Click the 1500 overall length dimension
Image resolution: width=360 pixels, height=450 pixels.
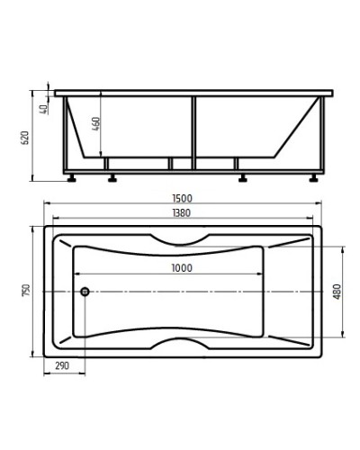[180, 199]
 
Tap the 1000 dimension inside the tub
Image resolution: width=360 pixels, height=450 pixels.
[180, 268]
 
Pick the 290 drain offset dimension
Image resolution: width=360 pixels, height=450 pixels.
[62, 366]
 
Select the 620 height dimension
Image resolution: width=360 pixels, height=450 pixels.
[27, 137]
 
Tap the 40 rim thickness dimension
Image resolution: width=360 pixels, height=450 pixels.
[42, 108]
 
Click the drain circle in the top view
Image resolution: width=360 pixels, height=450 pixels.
[84, 291]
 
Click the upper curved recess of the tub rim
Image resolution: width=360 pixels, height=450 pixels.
[180, 238]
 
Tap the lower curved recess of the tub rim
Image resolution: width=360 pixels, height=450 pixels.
[180, 343]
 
